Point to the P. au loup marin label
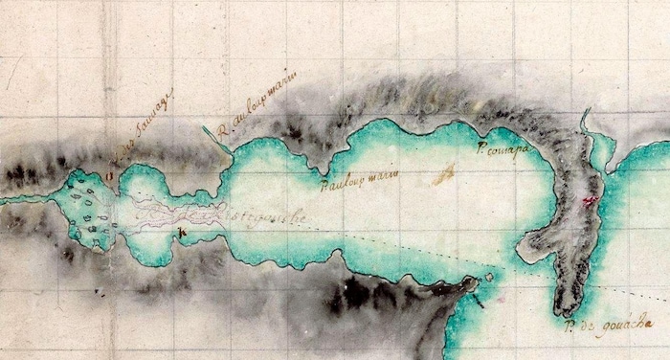[359, 178]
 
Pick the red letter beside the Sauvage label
[111, 173]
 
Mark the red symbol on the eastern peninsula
[590, 200]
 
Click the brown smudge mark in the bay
[442, 175]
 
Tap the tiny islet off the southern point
[489, 277]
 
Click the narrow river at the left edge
[24, 199]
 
